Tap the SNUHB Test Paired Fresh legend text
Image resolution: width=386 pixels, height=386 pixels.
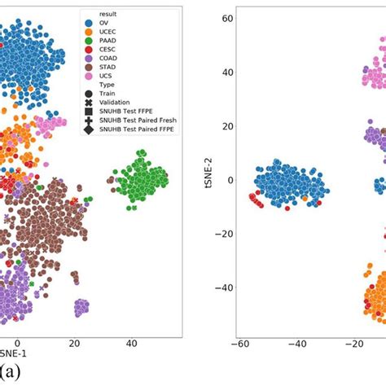[135, 155]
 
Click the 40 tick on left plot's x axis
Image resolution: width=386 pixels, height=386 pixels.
[131, 344]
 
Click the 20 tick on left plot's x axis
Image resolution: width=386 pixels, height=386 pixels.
[75, 344]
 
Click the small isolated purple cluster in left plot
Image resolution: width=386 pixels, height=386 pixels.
[81, 307]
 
